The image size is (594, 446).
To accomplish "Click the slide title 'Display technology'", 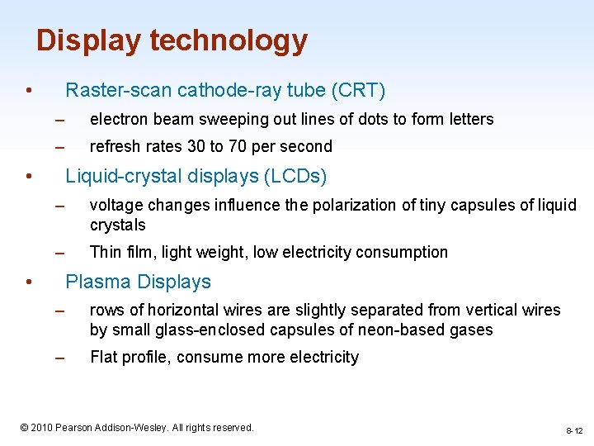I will [x=172, y=40].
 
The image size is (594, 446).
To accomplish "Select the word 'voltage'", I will [x=115, y=206].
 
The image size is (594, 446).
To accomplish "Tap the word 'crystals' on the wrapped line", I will [x=117, y=225].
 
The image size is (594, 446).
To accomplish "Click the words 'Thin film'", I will [x=123, y=253].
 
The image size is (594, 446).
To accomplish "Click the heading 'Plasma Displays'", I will [x=138, y=282].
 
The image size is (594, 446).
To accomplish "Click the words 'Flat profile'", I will [x=129, y=358].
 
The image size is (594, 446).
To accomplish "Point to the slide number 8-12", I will [x=574, y=431].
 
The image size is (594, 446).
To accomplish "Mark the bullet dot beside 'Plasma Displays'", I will [x=28, y=282].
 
